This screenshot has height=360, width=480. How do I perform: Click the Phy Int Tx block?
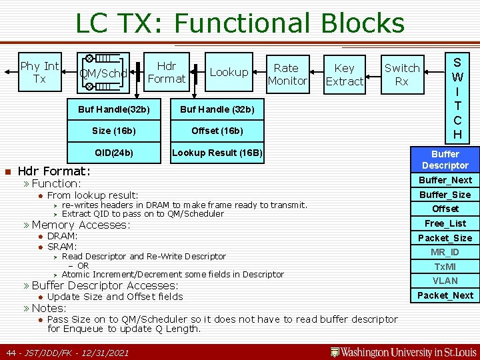tap(40, 73)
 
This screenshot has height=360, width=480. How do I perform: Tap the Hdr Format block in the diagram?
tap(166, 73)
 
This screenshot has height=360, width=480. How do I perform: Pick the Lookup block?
tap(229, 72)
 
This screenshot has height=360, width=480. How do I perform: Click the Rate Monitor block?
tap(287, 74)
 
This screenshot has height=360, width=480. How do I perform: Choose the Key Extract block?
tap(344, 75)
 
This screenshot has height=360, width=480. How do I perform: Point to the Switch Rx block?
tap(402, 74)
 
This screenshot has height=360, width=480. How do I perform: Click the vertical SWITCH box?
tap(457, 97)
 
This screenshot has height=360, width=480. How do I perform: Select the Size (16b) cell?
tap(113, 131)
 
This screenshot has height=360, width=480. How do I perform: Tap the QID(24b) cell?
tap(113, 153)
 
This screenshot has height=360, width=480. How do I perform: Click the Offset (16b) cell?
tap(217, 131)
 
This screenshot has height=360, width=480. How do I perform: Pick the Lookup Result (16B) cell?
tap(217, 153)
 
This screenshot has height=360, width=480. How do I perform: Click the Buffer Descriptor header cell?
tap(445, 159)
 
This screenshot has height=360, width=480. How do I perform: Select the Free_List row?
tap(445, 223)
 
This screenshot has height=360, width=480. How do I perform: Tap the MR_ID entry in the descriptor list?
tap(445, 252)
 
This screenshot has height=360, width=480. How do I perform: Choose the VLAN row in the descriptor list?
tap(445, 281)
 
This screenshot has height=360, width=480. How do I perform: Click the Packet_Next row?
tap(445, 295)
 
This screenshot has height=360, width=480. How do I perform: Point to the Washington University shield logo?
tap(335, 351)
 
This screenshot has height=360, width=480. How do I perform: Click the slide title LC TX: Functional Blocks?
tap(240, 23)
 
